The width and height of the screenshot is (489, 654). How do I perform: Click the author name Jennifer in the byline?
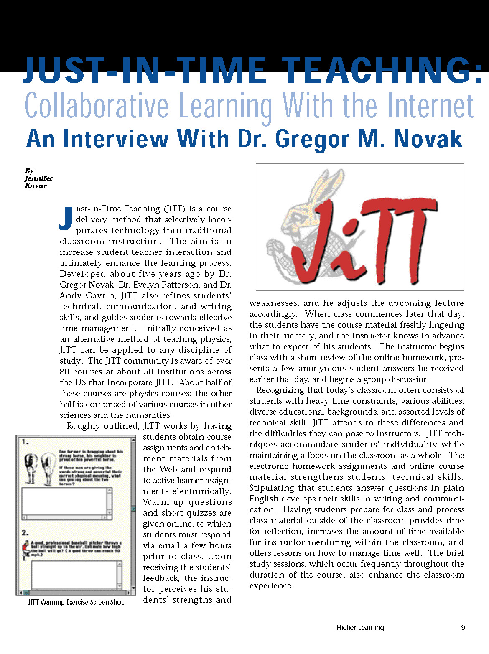[38, 178]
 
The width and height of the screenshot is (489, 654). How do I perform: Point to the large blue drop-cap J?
[66, 218]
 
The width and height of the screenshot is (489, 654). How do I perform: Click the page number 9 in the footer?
[463, 627]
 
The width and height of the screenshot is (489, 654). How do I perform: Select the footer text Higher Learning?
[360, 627]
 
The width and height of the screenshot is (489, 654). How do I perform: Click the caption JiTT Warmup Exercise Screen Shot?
[76, 602]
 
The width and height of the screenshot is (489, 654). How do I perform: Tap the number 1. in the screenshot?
[25, 442]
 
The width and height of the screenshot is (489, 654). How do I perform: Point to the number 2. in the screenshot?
[25, 533]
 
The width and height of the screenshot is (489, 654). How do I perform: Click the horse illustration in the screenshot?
[37, 467]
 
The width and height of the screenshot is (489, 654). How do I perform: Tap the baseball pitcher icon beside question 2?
[25, 550]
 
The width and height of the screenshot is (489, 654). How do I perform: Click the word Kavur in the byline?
[36, 186]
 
